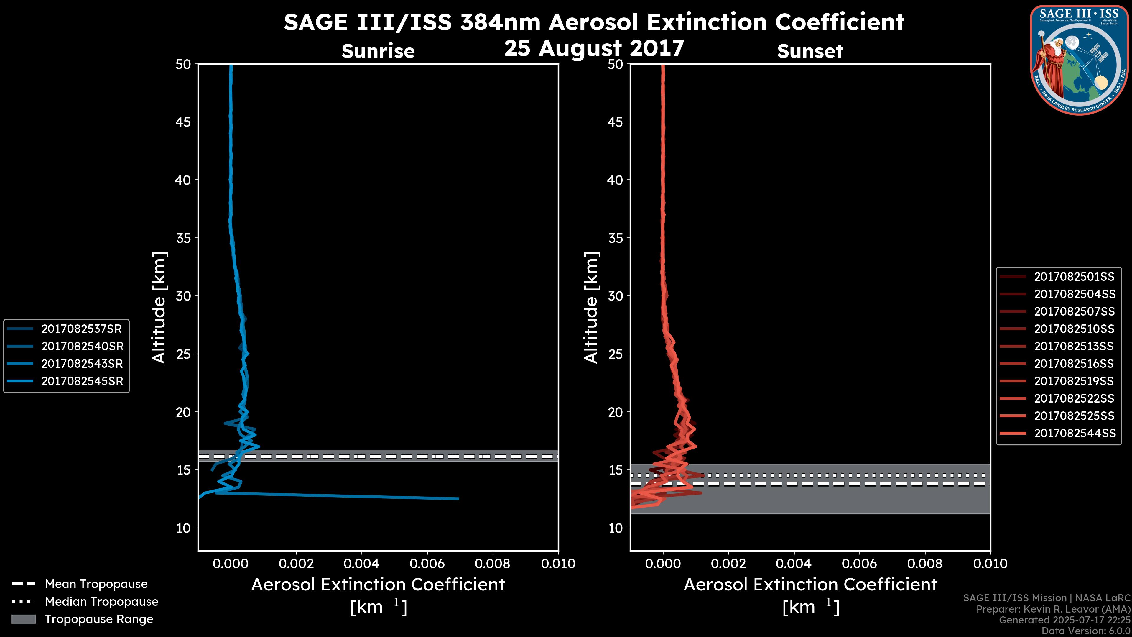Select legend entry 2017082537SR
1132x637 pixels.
[81, 329]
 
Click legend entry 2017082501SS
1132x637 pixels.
[1074, 277]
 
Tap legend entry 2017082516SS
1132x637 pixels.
[1074, 364]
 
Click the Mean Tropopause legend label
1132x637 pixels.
[96, 584]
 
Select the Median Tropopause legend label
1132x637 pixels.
[101, 602]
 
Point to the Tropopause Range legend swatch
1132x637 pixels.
[23, 619]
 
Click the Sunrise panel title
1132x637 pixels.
[378, 51]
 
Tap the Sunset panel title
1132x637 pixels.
[810, 51]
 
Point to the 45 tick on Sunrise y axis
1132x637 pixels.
[183, 122]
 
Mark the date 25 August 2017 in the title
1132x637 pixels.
[594, 48]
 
